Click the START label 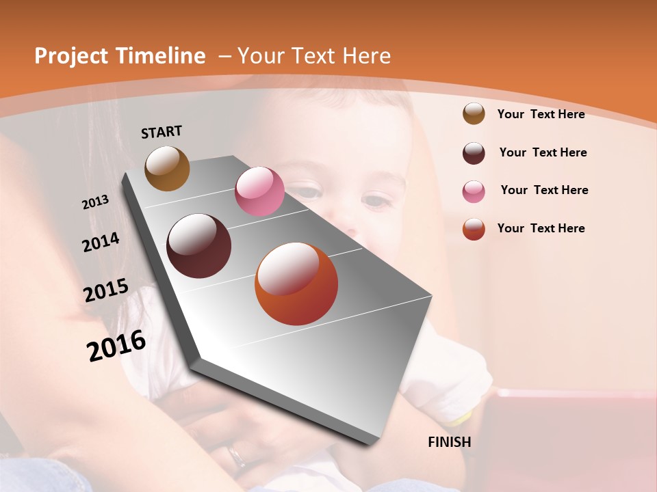(162, 132)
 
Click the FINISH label (449, 442)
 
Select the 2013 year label (95, 202)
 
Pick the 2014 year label (101, 243)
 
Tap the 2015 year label (105, 290)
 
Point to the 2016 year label (116, 346)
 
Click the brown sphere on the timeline (167, 168)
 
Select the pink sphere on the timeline (259, 191)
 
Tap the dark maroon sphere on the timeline (199, 246)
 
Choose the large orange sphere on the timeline (296, 284)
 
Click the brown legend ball (474, 113)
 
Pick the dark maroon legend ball (474, 153)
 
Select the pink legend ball (474, 191)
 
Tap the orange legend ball (474, 229)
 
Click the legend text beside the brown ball (541, 114)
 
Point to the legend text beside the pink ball (544, 190)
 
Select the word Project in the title (72, 56)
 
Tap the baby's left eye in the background (374, 202)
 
